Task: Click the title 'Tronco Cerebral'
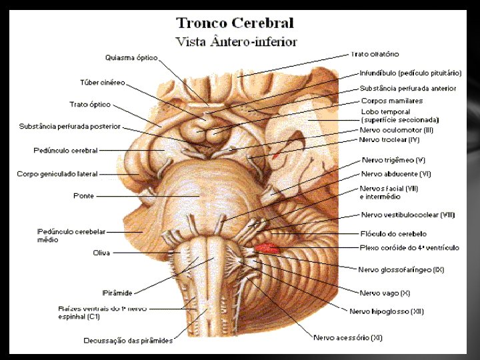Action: point(235,23)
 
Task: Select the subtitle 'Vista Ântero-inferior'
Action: point(236,41)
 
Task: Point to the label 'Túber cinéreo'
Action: point(103,83)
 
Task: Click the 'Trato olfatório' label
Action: point(374,53)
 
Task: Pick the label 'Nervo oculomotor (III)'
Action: point(396,130)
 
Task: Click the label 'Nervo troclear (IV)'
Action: point(389,139)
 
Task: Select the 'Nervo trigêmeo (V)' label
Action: point(393,160)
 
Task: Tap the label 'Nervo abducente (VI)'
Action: point(395,174)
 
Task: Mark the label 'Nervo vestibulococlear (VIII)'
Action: point(408,215)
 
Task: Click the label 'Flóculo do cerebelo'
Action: point(393,234)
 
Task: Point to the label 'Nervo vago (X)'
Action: point(385,293)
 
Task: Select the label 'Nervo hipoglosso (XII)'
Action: point(387,311)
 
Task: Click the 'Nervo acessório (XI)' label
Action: point(348,337)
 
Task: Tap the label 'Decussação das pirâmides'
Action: point(128,341)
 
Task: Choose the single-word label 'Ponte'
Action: point(83,196)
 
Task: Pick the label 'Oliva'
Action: point(101,253)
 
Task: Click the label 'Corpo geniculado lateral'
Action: point(57,174)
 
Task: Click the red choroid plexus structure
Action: point(268,249)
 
